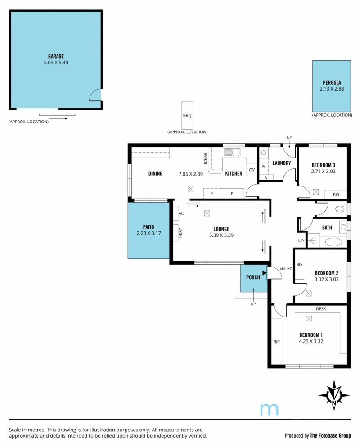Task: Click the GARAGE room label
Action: (x=56, y=56)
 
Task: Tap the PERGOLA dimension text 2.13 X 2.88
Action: (x=332, y=89)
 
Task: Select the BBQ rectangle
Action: (x=187, y=115)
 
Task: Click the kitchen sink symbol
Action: (x=232, y=153)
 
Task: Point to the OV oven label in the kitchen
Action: (x=252, y=170)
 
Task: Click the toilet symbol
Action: (x=341, y=209)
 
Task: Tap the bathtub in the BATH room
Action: (x=333, y=242)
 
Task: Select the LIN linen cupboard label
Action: (x=301, y=240)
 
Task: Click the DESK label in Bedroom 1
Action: (x=321, y=309)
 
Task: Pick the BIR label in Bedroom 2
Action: (x=300, y=265)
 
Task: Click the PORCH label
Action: (x=253, y=277)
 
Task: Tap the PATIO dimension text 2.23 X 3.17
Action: (x=149, y=233)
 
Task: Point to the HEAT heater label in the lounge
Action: (x=180, y=233)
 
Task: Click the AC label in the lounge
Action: (x=181, y=213)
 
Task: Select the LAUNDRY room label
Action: (x=282, y=163)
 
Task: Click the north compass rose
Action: (x=334, y=395)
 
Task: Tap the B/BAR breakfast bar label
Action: (x=205, y=158)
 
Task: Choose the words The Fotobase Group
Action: (x=330, y=436)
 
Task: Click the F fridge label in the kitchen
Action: (x=212, y=194)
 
